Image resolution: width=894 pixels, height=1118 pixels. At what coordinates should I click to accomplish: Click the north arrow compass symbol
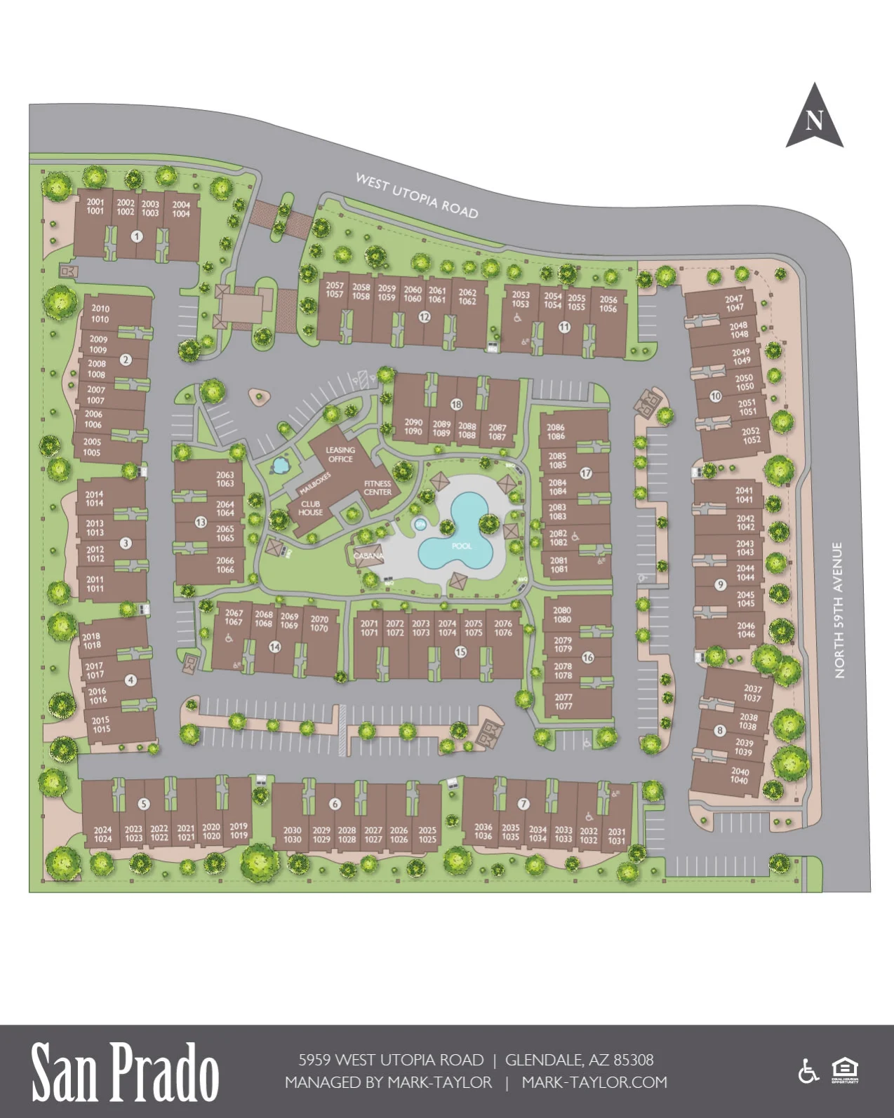[814, 118]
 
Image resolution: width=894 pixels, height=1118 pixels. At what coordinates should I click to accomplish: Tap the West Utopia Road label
[417, 196]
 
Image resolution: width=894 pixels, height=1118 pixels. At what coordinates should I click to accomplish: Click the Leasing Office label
[340, 454]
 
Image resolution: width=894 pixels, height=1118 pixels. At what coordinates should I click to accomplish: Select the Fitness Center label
[378, 487]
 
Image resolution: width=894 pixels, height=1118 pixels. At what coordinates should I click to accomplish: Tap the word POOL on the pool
[462, 546]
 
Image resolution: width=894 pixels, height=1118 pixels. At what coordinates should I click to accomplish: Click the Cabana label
[368, 555]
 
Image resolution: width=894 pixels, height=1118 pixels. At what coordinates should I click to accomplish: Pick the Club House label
[310, 508]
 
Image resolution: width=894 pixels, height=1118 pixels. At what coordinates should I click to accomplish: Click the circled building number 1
[137, 236]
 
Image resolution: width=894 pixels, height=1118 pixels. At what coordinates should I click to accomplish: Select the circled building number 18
[457, 405]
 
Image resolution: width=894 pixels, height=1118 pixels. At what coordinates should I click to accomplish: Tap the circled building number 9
[720, 585]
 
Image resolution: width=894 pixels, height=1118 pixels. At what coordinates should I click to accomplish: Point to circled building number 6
[335, 804]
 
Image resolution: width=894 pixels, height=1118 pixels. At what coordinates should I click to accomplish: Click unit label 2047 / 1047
[734, 303]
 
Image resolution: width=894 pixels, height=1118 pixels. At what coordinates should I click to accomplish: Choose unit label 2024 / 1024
[102, 834]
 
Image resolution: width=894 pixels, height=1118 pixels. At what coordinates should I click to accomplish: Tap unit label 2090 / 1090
[413, 426]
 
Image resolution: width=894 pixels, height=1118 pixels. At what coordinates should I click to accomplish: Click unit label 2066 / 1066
[225, 565]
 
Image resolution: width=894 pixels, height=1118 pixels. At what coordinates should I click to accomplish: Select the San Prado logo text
[125, 1071]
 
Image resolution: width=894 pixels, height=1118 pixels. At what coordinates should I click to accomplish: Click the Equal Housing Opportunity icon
[845, 1071]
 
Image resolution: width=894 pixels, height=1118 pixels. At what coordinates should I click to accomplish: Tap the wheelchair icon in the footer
[809, 1072]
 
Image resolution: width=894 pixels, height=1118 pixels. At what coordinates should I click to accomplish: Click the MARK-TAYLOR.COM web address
[594, 1082]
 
